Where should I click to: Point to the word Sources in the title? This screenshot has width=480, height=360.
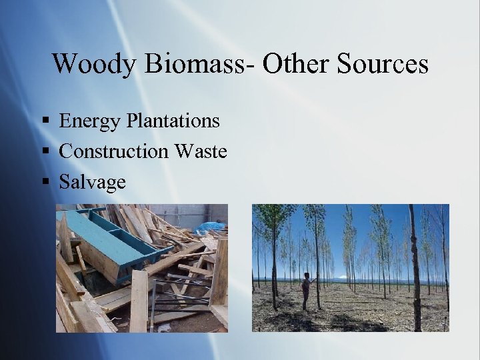[x=383, y=64]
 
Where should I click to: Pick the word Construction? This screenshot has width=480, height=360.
[x=114, y=151]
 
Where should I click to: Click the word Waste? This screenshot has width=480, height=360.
[x=201, y=151]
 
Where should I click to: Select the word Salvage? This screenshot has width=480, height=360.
[x=93, y=182]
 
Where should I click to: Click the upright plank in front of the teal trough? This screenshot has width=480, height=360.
[x=139, y=300]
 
